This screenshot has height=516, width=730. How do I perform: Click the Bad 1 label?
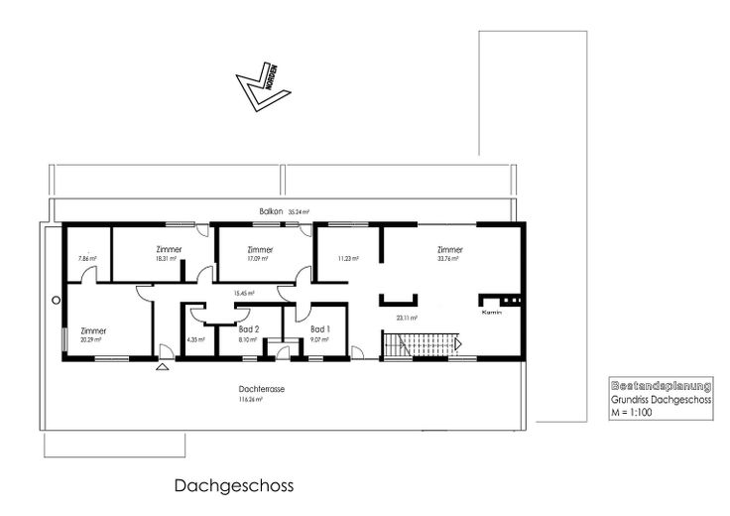(319, 328)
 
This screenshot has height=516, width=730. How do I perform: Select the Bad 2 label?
(249, 328)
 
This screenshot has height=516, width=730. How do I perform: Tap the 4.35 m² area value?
(194, 339)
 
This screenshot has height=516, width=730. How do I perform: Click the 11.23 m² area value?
(346, 259)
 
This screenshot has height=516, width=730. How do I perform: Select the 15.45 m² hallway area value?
(243, 293)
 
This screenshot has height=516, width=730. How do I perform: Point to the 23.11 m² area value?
(406, 319)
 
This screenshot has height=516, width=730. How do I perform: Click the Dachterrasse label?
(262, 389)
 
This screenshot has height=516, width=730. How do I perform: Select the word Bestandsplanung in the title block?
(659, 383)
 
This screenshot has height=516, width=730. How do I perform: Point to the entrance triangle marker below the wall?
(162, 366)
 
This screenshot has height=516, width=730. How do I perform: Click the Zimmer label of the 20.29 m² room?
(94, 330)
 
